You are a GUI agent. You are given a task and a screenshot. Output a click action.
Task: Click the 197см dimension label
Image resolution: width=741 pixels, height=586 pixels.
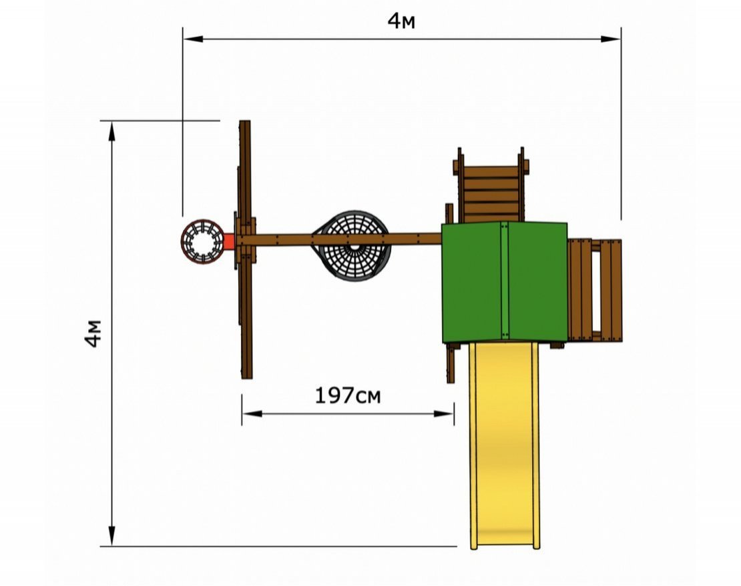(347, 395)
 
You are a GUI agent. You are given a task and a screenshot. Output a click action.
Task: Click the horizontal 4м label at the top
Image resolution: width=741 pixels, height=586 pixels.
(401, 21)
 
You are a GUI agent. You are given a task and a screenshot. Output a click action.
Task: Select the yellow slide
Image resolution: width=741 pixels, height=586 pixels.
(505, 445)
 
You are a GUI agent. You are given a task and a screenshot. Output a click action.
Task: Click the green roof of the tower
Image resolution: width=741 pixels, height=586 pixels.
(504, 282)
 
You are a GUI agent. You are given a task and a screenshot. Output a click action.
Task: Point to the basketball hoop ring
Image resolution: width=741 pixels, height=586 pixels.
(203, 241)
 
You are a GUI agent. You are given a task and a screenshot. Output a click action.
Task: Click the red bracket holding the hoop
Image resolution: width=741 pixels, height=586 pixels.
(229, 241)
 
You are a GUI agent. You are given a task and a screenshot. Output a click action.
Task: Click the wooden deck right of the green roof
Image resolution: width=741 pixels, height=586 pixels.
(595, 290)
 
